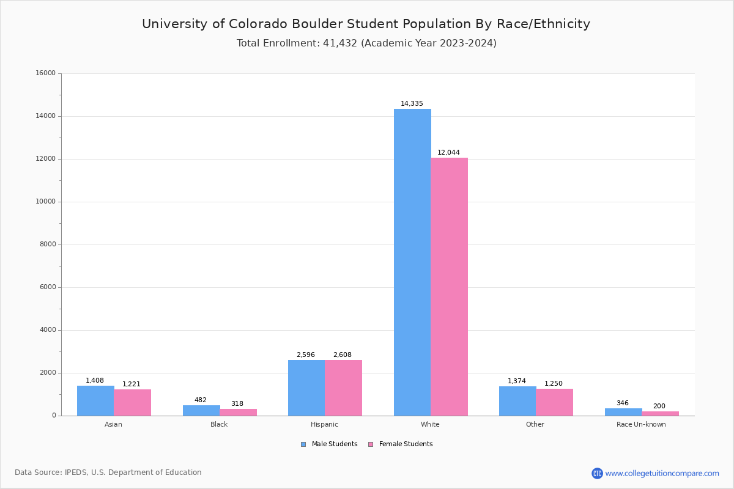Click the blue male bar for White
point(412,262)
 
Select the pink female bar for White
point(449,287)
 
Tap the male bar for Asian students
point(95,400)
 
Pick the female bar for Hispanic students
point(343,388)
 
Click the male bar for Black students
point(201,410)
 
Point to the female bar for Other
point(554,402)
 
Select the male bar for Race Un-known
point(623,412)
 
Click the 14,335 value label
point(412,104)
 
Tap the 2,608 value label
point(343,355)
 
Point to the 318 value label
point(237,404)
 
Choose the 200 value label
point(659,406)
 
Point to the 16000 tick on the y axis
point(45,73)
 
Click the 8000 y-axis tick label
point(47,244)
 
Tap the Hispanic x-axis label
point(324,425)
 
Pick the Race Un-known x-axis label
point(641,425)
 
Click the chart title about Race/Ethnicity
point(366,24)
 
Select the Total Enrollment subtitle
point(366,43)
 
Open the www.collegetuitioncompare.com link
point(662,474)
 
